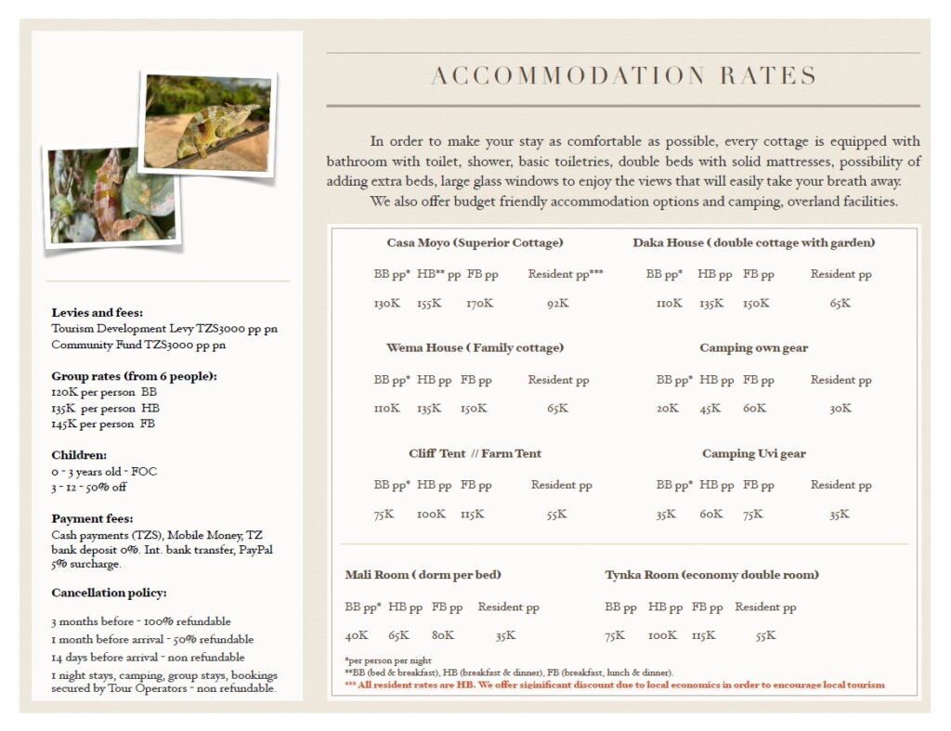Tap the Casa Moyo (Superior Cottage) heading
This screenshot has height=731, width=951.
coord(475,243)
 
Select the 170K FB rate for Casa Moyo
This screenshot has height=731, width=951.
coord(479,304)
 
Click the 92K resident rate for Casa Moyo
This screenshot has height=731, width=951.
coord(557,304)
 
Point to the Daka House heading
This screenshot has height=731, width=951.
coord(753,243)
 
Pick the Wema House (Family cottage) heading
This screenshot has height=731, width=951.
coord(475,348)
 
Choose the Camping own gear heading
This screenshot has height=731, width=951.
coord(753,348)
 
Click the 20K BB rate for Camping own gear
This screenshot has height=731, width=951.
coord(667,409)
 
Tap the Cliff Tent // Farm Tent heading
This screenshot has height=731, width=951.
coord(475,454)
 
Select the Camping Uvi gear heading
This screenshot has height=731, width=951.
coord(753,454)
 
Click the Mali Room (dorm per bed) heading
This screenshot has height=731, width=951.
coord(423,575)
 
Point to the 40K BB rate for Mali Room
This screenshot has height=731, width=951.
coord(357,636)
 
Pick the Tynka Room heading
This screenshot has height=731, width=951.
coord(711,575)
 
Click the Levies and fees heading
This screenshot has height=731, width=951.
coord(97,313)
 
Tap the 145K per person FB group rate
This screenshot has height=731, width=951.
coord(103,424)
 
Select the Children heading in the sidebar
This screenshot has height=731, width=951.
coord(79,455)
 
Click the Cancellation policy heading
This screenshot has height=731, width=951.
coord(109,593)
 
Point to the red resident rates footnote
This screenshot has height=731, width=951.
coord(614,685)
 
